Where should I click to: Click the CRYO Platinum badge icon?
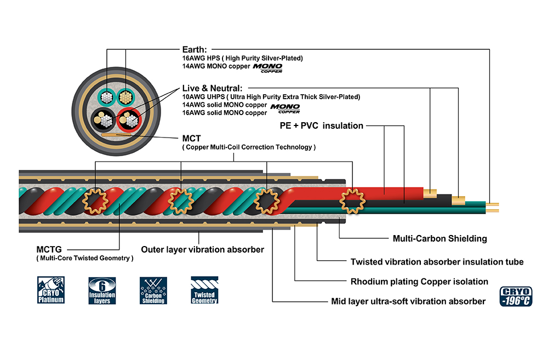click(x=51, y=290)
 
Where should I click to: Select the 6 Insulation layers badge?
click(x=102, y=290)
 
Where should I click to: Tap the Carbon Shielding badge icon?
click(x=153, y=290)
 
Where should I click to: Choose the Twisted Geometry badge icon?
click(x=204, y=290)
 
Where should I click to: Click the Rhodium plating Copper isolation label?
click(x=419, y=282)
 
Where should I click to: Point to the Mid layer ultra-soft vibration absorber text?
click(x=408, y=301)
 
